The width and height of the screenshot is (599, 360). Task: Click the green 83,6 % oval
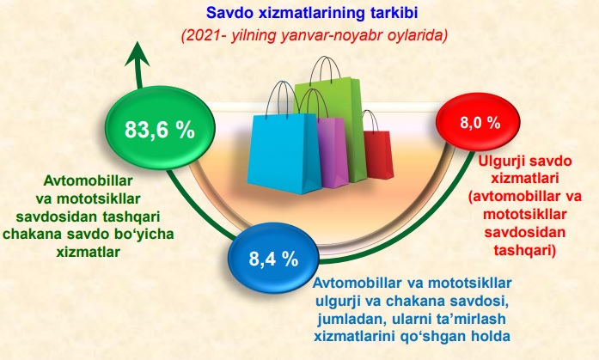click(x=160, y=128)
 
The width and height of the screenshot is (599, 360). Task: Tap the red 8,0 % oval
click(x=478, y=122)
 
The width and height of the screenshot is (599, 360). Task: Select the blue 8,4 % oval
click(x=273, y=259)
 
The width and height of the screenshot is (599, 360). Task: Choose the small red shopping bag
click(x=377, y=153)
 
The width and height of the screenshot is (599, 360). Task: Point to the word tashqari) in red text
click(x=524, y=250)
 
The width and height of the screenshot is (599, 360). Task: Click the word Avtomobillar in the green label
click(x=89, y=180)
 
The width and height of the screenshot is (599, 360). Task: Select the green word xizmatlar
click(x=89, y=252)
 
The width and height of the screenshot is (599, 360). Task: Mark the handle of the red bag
click(x=370, y=119)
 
